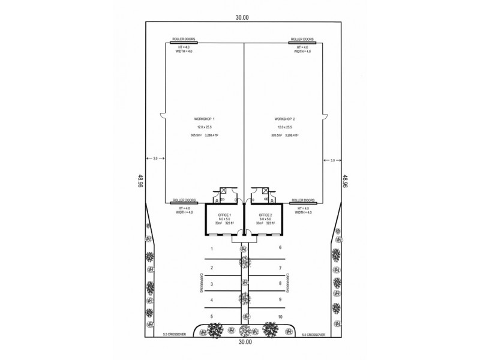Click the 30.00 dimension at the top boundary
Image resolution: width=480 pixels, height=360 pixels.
pos(242,17)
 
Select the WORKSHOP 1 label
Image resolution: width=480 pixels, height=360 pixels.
pos(203,120)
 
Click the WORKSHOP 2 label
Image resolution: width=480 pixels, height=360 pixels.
pos(284,120)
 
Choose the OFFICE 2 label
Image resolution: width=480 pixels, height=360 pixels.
pos(265,214)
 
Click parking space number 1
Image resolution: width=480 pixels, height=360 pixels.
pos(211,248)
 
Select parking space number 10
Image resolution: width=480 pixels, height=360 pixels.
pos(280,316)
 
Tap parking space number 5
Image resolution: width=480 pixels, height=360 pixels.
pos(211,316)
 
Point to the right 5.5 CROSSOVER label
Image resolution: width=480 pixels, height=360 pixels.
pos(313,335)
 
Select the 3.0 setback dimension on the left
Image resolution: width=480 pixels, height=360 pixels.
pos(155,159)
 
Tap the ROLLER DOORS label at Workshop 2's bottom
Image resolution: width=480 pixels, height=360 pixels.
pos(303,200)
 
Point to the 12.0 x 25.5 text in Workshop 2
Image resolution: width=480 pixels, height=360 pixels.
pos(284,128)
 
